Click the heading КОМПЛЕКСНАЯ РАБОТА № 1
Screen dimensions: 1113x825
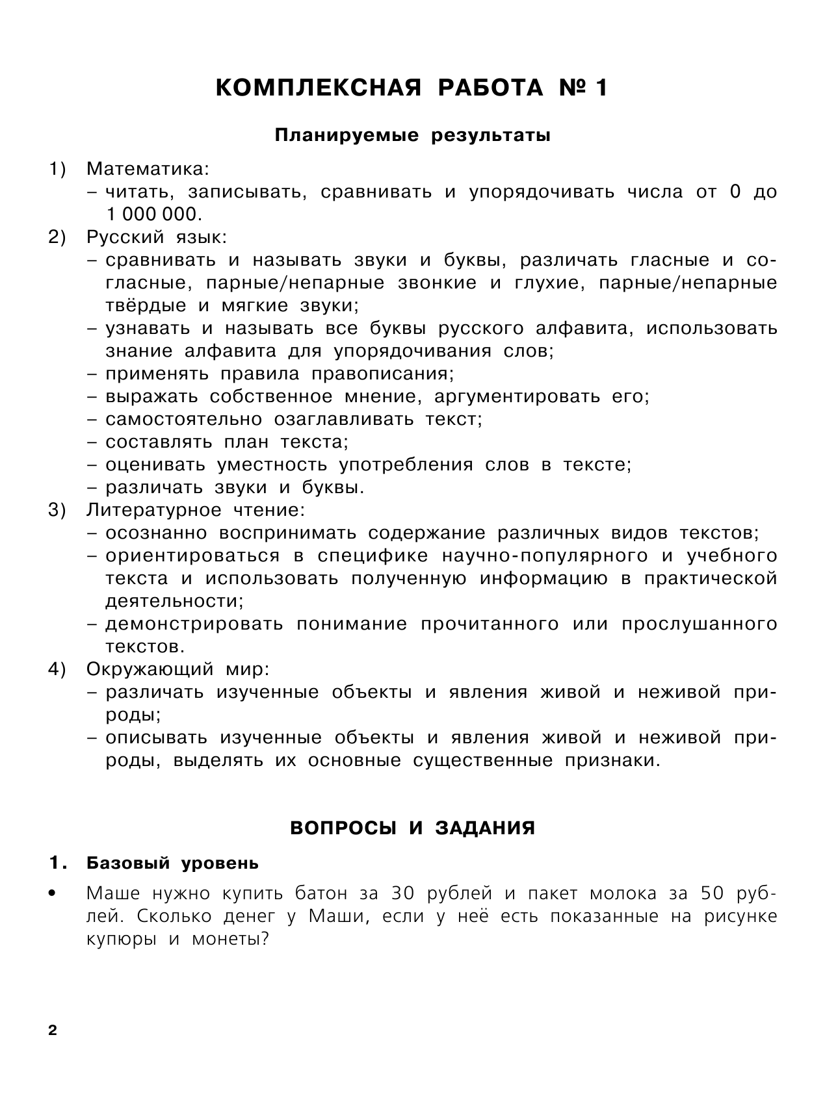[x=412, y=88]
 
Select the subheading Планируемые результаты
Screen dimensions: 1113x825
[x=412, y=136]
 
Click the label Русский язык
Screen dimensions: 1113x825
[x=157, y=237]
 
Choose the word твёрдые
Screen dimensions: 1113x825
[x=146, y=305]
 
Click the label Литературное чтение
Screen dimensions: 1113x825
[x=195, y=510]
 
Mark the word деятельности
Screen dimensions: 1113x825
[x=174, y=601]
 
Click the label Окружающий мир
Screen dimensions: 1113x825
[x=177, y=669]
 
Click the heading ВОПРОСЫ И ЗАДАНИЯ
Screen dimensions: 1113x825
[x=412, y=828]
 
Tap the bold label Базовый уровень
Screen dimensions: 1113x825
[x=172, y=864]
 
